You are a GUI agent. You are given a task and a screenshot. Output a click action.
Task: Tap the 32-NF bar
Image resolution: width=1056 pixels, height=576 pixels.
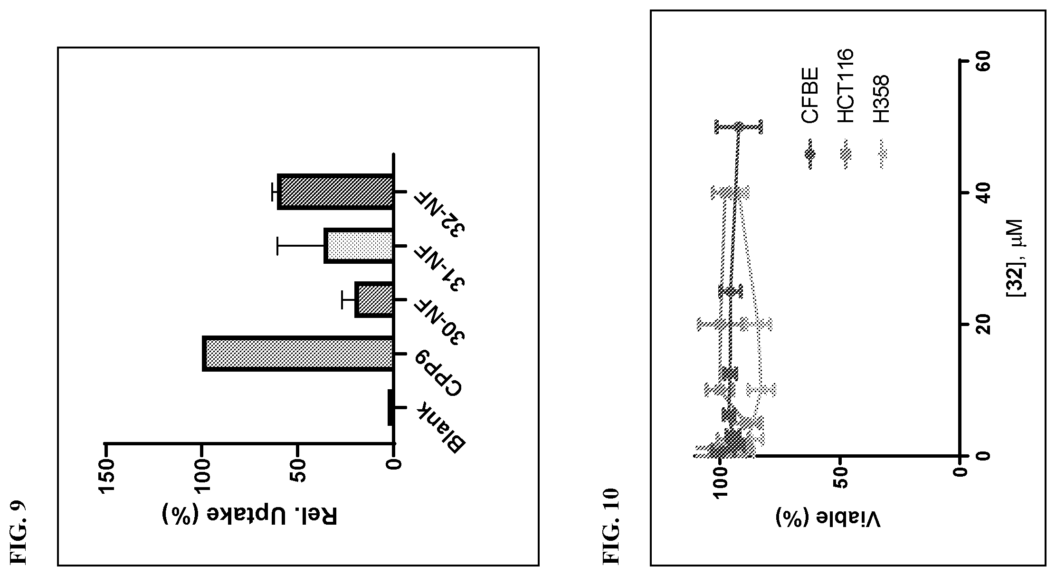[335, 191]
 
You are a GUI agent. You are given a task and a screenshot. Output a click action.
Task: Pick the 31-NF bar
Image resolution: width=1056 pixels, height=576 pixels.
[359, 246]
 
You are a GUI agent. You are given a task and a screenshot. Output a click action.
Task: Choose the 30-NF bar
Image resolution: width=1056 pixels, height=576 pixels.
[374, 299]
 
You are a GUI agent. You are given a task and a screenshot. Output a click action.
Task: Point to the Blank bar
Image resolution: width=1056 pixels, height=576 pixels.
[391, 407]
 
